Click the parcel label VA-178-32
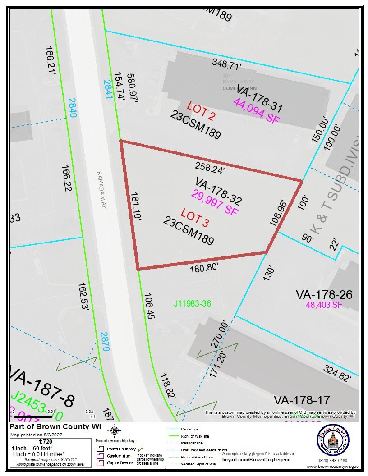coord(219,191)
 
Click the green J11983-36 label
coord(193,303)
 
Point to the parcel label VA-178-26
coord(324,295)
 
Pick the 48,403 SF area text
coord(324,305)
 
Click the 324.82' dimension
coord(337,374)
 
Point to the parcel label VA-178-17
coord(302,400)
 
